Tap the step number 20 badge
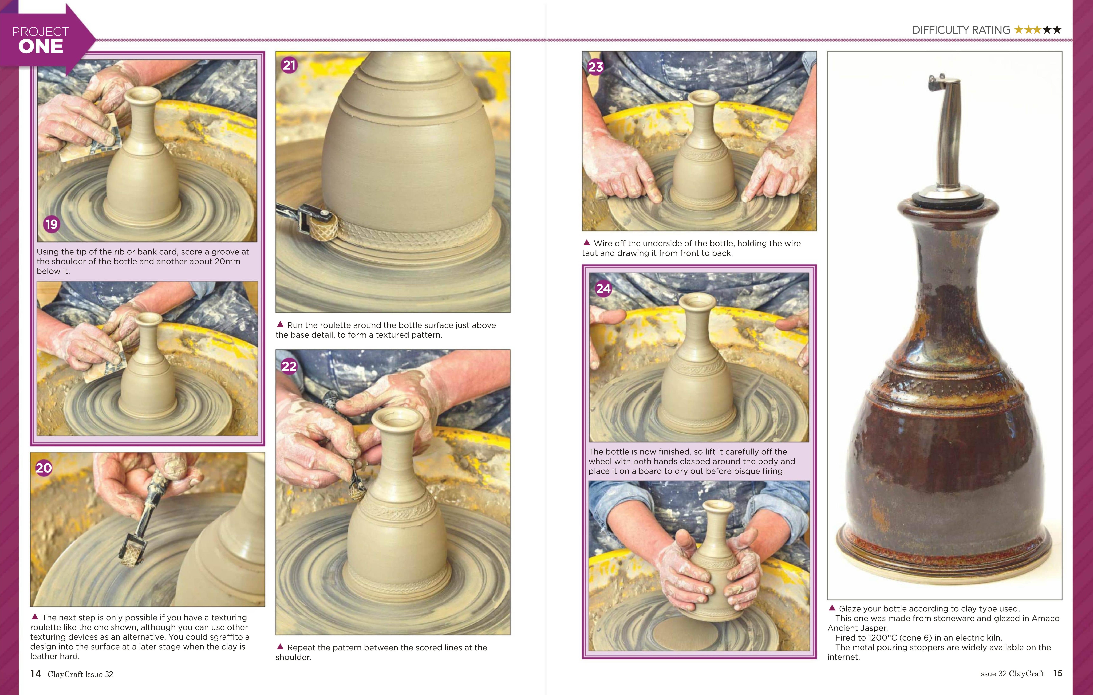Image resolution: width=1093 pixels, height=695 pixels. [x=44, y=468]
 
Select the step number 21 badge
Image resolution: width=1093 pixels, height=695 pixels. [x=289, y=65]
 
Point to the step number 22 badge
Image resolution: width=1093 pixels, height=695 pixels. [x=289, y=366]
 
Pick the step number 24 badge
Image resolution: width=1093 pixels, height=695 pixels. [x=603, y=289]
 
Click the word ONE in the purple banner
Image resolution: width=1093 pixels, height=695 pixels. [x=41, y=46]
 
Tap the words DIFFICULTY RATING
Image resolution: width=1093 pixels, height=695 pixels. [x=961, y=30]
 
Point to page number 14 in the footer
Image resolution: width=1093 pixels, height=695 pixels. [x=35, y=674]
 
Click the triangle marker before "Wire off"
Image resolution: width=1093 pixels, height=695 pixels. [x=586, y=242]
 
